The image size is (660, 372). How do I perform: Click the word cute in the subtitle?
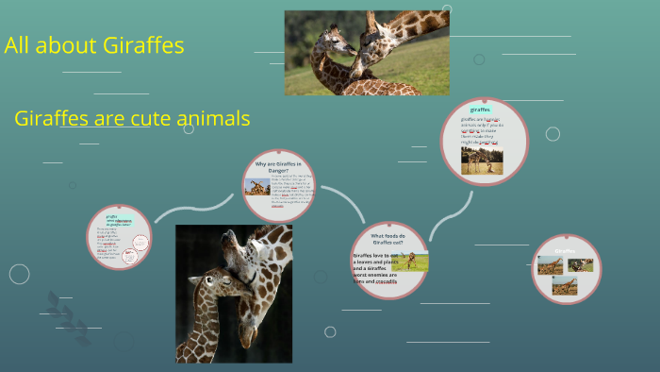point(153,119)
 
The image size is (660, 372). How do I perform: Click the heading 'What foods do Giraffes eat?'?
point(388,239)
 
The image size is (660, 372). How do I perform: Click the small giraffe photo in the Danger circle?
point(256,187)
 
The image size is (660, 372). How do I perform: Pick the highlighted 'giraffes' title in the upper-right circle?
point(481,110)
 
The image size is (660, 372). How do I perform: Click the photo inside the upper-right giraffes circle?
point(482,160)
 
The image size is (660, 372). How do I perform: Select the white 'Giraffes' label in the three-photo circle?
point(565,251)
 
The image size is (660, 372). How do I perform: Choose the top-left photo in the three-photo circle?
point(551,265)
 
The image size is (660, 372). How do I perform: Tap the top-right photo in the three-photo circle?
point(581,265)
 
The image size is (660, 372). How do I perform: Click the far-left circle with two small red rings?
point(120,237)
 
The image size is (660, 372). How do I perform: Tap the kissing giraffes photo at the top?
point(367,53)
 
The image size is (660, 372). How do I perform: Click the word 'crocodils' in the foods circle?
point(387,281)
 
